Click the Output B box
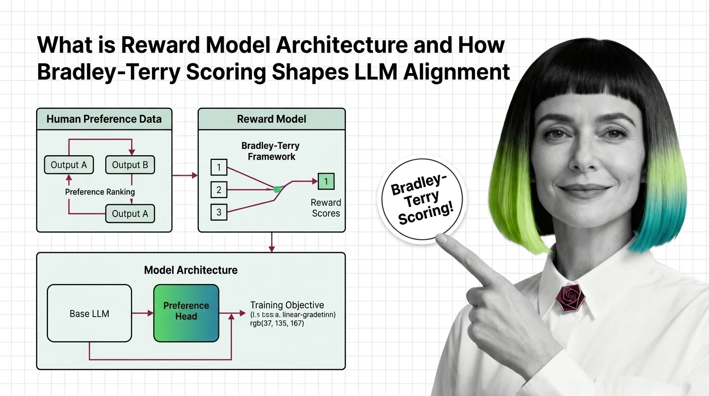pos(130,165)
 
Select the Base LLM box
pos(89,313)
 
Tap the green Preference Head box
pos(186,313)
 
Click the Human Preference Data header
pos(104,119)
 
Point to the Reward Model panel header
pos(272,119)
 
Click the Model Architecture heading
pos(191,270)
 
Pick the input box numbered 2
pos(219,190)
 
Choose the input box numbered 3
pos(219,212)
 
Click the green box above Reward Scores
pos(326,181)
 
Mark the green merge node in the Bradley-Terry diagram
pos(277,189)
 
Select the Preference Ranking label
pos(100,192)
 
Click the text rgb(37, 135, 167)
pos(277,323)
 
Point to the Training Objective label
pos(287,305)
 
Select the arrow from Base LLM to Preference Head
pos(143,313)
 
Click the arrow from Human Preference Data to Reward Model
pos(185,175)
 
